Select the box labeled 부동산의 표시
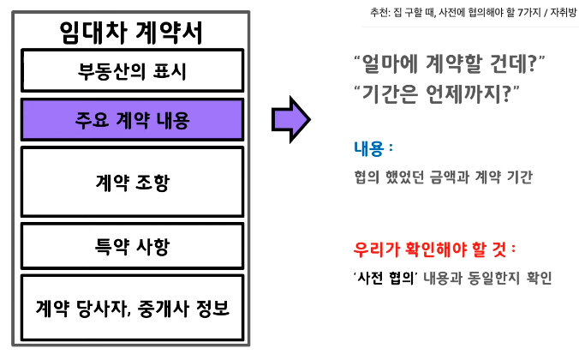(132, 71)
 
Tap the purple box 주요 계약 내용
(132, 119)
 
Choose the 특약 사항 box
(132, 248)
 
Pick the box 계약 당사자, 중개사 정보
(132, 306)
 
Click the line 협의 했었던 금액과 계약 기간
(442, 177)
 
